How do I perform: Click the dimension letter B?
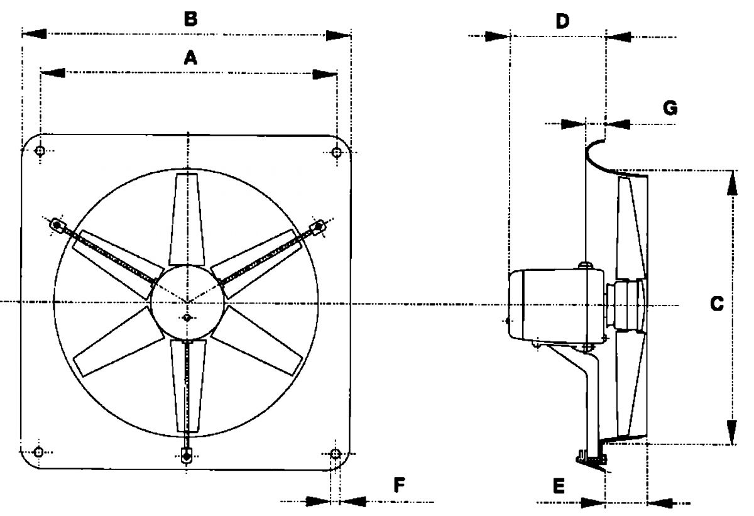click(190, 19)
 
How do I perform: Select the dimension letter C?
click(716, 305)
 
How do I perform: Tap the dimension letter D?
click(562, 21)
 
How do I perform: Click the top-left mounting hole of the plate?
click(41, 151)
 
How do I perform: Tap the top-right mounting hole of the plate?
click(336, 151)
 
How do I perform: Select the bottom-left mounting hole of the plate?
click(39, 451)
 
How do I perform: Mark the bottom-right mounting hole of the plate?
click(335, 452)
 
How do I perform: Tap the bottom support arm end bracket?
click(186, 454)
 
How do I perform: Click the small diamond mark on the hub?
click(187, 319)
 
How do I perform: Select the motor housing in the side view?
click(553, 305)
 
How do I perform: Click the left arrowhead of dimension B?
click(35, 34)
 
